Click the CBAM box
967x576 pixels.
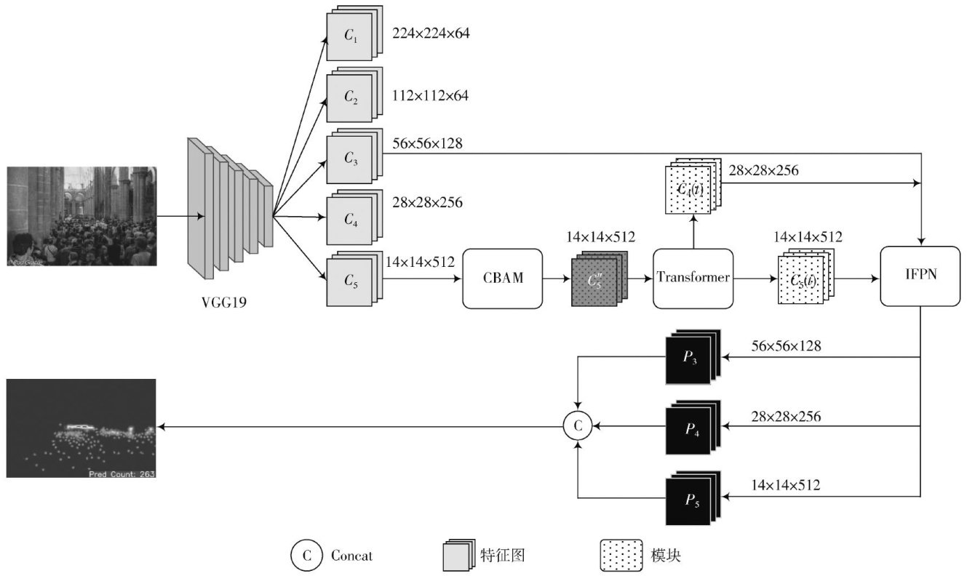point(503,278)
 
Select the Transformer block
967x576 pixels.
point(692,278)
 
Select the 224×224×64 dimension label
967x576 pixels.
point(431,33)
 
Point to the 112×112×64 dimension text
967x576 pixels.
point(431,95)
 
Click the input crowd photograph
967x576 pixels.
point(81,216)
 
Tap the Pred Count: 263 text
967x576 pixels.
point(122,473)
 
